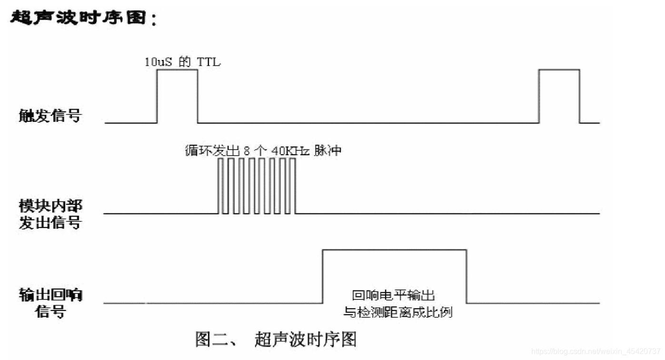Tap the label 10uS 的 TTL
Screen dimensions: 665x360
click(183, 62)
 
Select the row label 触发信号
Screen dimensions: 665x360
click(50, 115)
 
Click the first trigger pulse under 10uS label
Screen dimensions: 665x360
click(177, 95)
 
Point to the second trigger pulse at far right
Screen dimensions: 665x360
click(559, 95)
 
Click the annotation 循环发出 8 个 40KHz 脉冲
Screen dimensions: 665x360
click(263, 150)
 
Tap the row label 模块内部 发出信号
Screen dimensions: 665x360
click(50, 214)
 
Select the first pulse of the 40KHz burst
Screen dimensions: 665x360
click(220, 186)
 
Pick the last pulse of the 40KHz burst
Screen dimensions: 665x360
click(292, 186)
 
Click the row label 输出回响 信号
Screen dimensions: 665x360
click(50, 303)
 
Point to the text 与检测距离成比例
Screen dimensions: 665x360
click(398, 312)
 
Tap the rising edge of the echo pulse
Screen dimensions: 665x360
click(323, 276)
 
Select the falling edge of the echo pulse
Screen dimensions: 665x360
click(466, 276)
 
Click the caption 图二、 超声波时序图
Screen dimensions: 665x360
click(276, 339)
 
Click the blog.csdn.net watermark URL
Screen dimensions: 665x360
click(597, 351)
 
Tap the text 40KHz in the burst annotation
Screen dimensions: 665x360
click(291, 150)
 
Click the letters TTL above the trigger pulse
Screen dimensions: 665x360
click(209, 62)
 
